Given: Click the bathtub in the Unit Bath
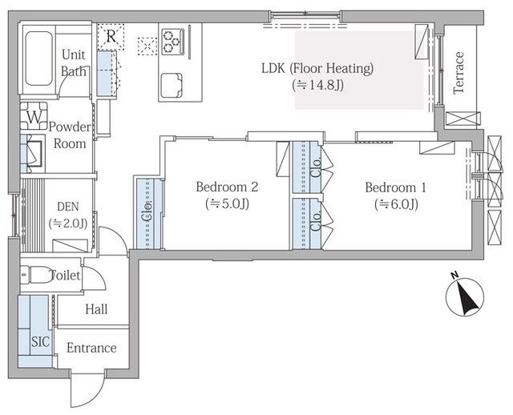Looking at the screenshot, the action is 38,58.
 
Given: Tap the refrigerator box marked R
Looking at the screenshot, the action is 111,37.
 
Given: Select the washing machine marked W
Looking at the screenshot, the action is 34,116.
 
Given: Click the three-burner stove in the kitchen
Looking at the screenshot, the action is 173,42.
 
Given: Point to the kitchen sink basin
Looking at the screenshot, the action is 172,86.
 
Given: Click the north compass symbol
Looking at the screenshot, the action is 465,297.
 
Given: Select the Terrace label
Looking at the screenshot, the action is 458,73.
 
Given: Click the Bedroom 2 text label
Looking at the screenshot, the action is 227,187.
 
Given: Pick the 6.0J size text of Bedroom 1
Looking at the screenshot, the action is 396,205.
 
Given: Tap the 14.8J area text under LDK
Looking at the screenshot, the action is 317,86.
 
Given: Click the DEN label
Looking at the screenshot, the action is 68,207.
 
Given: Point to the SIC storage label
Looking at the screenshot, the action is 41,342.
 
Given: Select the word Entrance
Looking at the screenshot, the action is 91,348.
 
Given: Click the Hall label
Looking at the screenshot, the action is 96,309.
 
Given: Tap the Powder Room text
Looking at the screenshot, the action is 70,135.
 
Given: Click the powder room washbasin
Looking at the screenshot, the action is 33,153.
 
